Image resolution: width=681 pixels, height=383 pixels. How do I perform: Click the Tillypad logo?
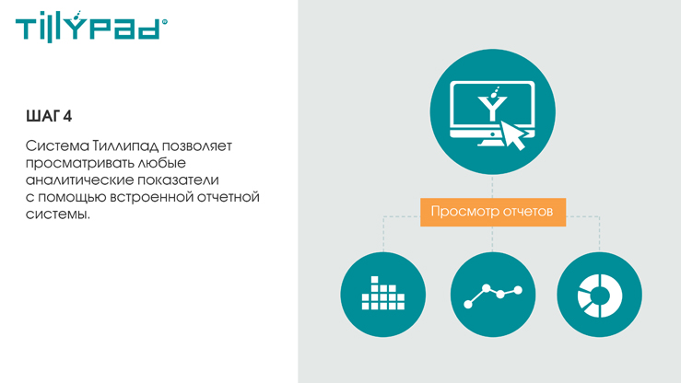91,27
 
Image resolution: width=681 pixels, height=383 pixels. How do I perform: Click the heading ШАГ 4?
49,116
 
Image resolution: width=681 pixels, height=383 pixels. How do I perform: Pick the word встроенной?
151,197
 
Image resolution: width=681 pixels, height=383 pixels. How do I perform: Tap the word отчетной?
229,197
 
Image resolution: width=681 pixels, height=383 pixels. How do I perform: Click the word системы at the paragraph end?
58,215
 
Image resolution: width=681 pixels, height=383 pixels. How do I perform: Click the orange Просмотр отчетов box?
493,212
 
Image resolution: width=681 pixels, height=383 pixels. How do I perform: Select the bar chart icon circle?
383,295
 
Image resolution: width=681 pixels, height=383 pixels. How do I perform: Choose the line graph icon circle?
493,295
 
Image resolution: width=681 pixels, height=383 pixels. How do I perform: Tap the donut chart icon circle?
599,295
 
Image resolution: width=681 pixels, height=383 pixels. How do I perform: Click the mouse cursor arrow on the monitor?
513,135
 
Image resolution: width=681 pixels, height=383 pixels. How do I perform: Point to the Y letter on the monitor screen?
492,109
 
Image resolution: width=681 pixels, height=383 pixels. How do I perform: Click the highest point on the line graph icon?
487,287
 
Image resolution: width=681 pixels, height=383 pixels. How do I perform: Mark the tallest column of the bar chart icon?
374,293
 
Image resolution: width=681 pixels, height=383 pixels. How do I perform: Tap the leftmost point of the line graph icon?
468,305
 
